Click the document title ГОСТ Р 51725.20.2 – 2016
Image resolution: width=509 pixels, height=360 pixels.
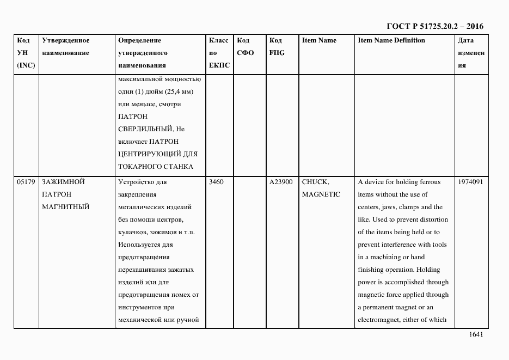click(x=434, y=26)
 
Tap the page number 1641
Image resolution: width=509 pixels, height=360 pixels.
click(x=476, y=335)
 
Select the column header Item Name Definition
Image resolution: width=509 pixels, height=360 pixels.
click(x=391, y=40)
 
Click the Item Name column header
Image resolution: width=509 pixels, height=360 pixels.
click(x=319, y=40)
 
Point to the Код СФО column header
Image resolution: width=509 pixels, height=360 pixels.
click(x=246, y=47)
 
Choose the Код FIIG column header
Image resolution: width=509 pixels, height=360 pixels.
click(x=277, y=47)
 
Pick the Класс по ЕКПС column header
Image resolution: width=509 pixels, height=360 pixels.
click(x=219, y=53)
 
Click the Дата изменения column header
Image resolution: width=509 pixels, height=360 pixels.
click(x=471, y=53)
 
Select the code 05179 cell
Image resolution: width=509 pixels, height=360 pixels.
click(x=26, y=182)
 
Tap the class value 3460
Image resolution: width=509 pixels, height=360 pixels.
click(x=216, y=182)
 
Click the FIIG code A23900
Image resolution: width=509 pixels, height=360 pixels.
click(x=281, y=182)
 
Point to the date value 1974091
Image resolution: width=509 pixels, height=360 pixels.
click(x=471, y=182)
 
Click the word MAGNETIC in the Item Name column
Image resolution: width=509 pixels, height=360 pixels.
click(x=321, y=194)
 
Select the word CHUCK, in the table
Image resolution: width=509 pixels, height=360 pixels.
click(x=315, y=182)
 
